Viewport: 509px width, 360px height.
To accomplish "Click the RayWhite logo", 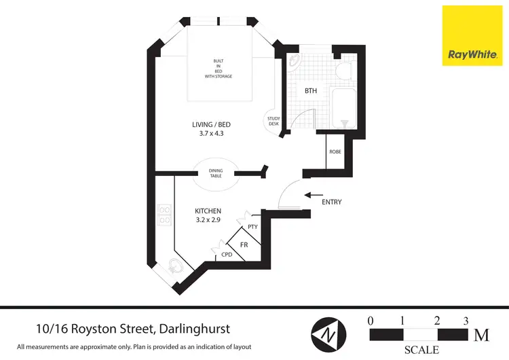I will tap(470, 35).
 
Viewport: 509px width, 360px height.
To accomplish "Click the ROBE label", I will tap(335, 152).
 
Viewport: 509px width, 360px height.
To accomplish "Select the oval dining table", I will tap(216, 175).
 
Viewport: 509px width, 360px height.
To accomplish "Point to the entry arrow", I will tap(313, 195).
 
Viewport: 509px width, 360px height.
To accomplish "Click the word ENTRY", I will tap(332, 202).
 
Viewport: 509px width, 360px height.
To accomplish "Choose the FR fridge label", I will tap(244, 243).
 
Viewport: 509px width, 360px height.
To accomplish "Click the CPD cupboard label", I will tap(227, 255).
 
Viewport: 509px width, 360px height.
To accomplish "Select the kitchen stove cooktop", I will tap(164, 215).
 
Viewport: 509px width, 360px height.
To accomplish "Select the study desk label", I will tap(274, 122).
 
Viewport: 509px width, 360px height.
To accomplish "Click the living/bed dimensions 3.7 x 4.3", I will tap(208, 134).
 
